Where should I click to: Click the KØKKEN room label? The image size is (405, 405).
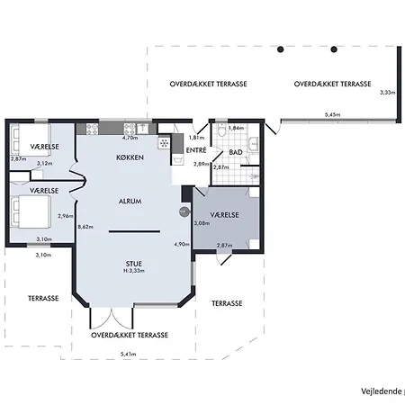click(x=130, y=157)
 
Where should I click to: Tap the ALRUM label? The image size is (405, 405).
click(x=130, y=202)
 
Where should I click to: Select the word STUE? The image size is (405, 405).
click(x=134, y=264)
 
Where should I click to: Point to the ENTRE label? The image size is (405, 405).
click(x=197, y=150)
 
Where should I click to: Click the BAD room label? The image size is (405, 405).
click(x=237, y=154)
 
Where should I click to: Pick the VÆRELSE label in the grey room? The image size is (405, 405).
click(x=224, y=216)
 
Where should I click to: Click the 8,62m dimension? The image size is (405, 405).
click(x=85, y=227)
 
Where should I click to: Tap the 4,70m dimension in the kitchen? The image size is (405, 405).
click(x=130, y=138)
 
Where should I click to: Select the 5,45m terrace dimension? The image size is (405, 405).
click(x=334, y=114)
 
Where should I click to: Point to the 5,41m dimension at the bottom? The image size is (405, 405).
click(x=128, y=354)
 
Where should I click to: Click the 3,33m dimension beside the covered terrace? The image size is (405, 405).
click(x=388, y=93)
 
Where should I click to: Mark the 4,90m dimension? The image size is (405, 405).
click(x=181, y=244)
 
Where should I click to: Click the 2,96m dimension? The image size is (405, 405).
click(x=65, y=216)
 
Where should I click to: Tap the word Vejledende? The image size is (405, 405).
click(x=381, y=391)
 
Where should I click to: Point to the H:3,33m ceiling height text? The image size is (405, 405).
click(x=135, y=271)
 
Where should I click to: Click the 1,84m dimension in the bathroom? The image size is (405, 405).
click(x=236, y=129)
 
